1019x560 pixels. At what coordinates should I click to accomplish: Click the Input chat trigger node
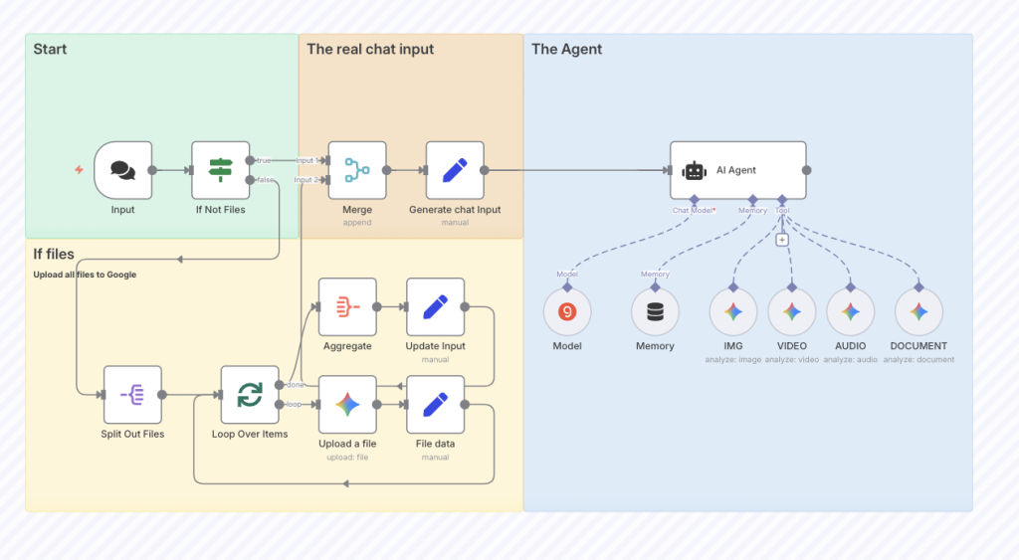(x=122, y=170)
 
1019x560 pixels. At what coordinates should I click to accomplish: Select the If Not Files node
(x=220, y=170)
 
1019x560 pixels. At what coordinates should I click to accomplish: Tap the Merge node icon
(x=356, y=170)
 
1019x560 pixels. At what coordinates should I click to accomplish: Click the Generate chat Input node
(x=455, y=170)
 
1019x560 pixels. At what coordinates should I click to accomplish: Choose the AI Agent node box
(x=737, y=170)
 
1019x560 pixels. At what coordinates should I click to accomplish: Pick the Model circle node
(x=567, y=312)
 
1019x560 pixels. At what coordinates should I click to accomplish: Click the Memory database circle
(x=655, y=312)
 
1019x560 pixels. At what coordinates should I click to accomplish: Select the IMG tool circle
(x=733, y=312)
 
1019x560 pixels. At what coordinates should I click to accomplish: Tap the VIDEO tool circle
(x=792, y=312)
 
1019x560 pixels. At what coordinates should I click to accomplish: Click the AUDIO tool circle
(x=850, y=312)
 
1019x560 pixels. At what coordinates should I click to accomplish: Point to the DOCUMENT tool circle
(x=918, y=312)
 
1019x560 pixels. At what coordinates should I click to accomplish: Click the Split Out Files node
(x=132, y=395)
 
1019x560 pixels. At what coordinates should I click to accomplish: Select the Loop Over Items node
(x=250, y=395)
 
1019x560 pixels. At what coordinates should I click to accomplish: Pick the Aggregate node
(x=347, y=307)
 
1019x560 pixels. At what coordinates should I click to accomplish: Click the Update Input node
(x=435, y=307)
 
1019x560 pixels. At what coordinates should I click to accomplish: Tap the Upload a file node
(x=347, y=405)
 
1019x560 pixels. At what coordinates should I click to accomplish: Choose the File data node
(x=435, y=405)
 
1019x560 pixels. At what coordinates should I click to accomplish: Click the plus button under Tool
(x=782, y=239)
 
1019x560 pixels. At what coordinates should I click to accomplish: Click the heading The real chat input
(x=370, y=49)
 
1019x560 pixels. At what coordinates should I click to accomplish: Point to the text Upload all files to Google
(x=85, y=275)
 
